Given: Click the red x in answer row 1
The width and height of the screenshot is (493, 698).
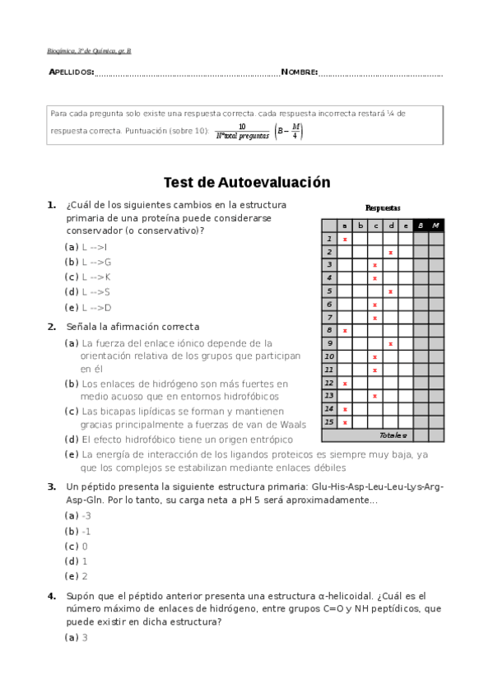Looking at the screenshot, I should (x=345, y=240).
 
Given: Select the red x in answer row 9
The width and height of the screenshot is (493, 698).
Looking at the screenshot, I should (x=390, y=343).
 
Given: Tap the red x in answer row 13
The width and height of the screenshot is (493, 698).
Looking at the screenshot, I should (x=375, y=396).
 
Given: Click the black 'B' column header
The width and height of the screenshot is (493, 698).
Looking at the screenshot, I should (x=421, y=226).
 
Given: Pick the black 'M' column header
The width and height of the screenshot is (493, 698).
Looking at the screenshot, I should (x=436, y=226).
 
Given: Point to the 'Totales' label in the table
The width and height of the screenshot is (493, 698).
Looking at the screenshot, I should (x=393, y=435).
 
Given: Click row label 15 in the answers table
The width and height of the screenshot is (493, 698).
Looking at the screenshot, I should (x=329, y=422).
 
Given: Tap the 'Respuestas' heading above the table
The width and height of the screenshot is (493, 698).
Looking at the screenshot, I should (x=383, y=208).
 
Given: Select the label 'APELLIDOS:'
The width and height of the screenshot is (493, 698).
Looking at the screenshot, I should (x=71, y=73).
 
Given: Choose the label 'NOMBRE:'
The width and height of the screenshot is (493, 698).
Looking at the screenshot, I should (x=299, y=73).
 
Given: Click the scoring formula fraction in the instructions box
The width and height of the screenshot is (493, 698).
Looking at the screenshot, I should (x=243, y=131).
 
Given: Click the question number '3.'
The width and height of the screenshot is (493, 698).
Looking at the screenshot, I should (x=51, y=486).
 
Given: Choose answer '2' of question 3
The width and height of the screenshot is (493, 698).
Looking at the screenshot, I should (x=84, y=576).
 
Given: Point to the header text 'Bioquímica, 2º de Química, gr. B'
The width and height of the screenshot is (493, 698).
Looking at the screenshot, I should (x=89, y=51).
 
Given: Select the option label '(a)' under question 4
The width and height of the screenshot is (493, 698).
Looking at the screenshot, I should (x=72, y=637).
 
